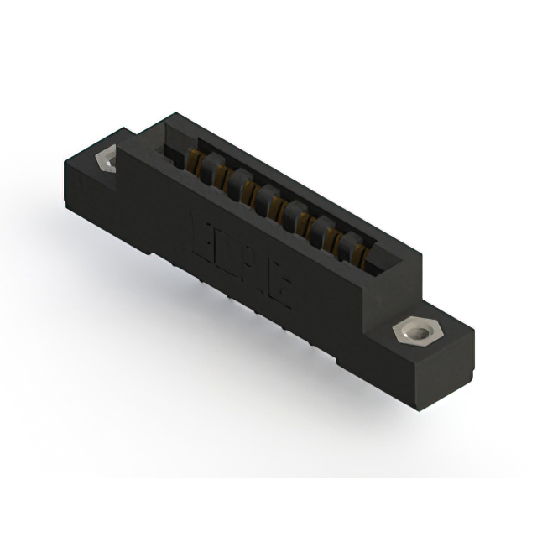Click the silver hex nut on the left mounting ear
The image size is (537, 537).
click(x=107, y=159)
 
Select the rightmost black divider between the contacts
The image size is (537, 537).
click(x=346, y=243)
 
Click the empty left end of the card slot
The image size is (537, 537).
click(x=173, y=151)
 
